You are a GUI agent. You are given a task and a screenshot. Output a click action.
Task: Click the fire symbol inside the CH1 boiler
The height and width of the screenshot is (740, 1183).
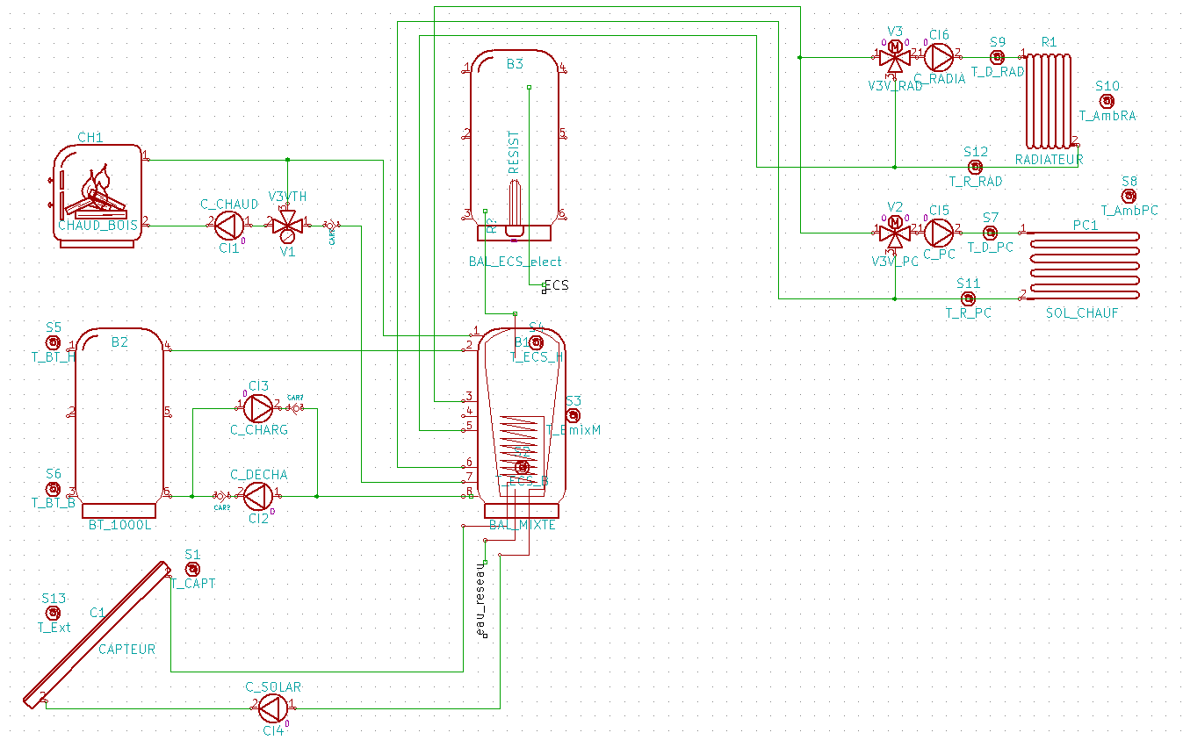97,189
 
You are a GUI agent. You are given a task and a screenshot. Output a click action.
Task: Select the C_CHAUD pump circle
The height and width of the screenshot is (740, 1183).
229,226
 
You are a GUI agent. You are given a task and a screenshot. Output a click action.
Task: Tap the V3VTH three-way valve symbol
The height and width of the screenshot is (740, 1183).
287,226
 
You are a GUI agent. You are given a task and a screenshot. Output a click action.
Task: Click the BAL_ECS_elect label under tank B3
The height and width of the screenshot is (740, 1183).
516,262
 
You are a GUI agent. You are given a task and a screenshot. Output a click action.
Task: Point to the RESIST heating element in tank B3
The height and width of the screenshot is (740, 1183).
514,206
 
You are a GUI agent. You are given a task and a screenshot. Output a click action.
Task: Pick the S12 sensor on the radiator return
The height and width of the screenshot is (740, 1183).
975,167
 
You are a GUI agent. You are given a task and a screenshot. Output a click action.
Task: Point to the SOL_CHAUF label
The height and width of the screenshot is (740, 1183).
1082,313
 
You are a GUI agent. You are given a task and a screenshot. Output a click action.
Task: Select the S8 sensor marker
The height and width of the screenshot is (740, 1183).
1129,195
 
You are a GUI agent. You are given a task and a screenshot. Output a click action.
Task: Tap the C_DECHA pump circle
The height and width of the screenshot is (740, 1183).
258,497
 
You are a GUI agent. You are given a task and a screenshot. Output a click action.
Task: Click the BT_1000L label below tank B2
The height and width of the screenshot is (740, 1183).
120,525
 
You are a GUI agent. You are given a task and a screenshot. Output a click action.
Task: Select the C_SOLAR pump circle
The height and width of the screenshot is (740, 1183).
274,708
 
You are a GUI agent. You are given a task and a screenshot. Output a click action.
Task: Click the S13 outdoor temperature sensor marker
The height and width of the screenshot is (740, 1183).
53,613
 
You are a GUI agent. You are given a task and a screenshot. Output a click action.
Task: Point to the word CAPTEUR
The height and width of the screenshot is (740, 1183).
126,650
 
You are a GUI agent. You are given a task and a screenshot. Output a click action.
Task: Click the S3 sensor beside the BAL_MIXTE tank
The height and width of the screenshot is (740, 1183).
573,415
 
